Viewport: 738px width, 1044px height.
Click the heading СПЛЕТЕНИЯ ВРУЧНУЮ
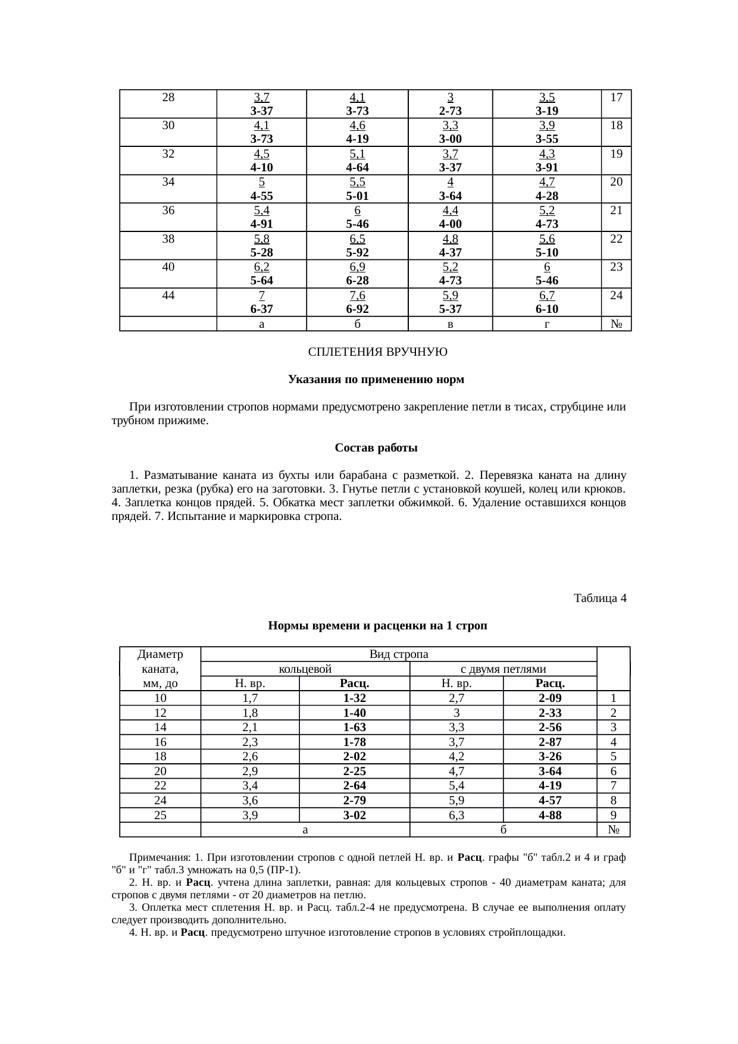[x=377, y=352]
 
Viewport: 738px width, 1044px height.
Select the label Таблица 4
[x=599, y=598]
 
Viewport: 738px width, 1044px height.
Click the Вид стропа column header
[x=399, y=654]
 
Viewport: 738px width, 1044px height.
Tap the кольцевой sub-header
[x=305, y=669]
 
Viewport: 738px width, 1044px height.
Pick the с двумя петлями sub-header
[x=504, y=669]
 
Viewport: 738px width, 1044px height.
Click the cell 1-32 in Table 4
[x=354, y=698]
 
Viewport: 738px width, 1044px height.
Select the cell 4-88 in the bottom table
[x=550, y=815]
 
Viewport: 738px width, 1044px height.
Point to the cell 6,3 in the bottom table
[x=456, y=815]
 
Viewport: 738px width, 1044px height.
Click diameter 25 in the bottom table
[x=160, y=815]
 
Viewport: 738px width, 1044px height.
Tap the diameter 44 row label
[x=168, y=295]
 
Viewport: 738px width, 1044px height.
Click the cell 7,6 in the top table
[x=357, y=296]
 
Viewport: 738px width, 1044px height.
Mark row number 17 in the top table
[x=616, y=97]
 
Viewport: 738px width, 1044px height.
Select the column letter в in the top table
[x=451, y=324]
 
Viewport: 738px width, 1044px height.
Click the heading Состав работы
[x=376, y=447]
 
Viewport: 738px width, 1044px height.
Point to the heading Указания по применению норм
[x=376, y=380]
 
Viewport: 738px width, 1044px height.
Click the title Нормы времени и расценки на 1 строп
[x=377, y=626]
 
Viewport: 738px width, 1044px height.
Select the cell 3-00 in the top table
[x=451, y=139]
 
